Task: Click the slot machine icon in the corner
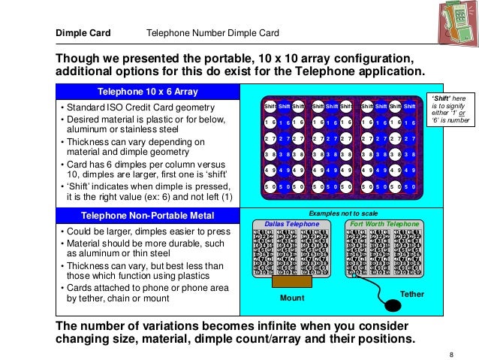click(x=450, y=25)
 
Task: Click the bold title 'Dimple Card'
click(x=83, y=33)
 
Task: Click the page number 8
click(x=450, y=354)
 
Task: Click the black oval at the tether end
click(x=392, y=306)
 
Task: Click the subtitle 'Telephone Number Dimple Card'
click(x=212, y=33)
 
